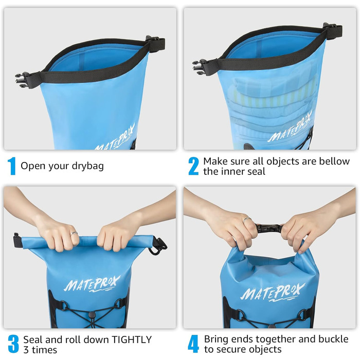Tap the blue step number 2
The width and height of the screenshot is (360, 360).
pyautogui.click(x=193, y=166)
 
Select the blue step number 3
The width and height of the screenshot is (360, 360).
pyautogui.click(x=13, y=344)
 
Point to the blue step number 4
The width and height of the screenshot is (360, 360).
pyautogui.click(x=193, y=344)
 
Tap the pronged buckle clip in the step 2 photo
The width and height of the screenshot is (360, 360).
pyautogui.click(x=199, y=65)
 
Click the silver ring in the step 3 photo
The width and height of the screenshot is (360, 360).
pyautogui.click(x=75, y=233)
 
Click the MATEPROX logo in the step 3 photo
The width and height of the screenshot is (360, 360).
pyautogui.click(x=92, y=283)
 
